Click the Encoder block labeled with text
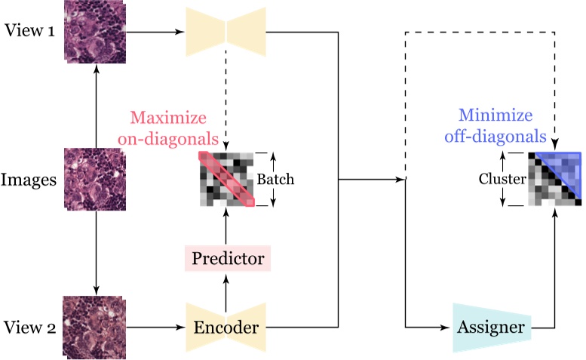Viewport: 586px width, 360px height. point(226,328)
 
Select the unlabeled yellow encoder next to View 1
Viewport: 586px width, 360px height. point(226,32)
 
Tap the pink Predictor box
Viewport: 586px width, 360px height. point(227,259)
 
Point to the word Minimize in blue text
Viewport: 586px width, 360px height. point(502,118)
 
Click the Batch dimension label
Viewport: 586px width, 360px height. point(275,180)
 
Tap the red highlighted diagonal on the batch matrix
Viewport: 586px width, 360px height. point(226,178)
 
